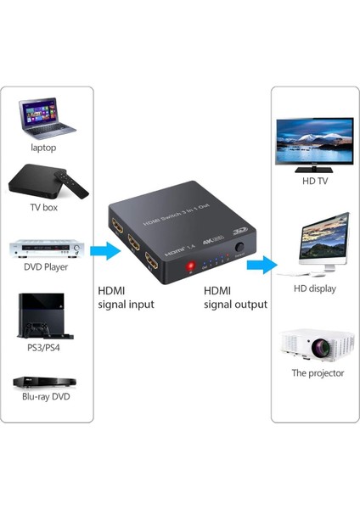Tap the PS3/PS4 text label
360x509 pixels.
pyautogui.click(x=44, y=348)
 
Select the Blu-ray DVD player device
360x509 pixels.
pyautogui.click(x=44, y=383)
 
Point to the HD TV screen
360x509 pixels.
pyautogui.click(x=314, y=141)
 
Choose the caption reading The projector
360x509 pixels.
pyautogui.click(x=318, y=373)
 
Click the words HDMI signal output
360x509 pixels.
pyautogui.click(x=235, y=297)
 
